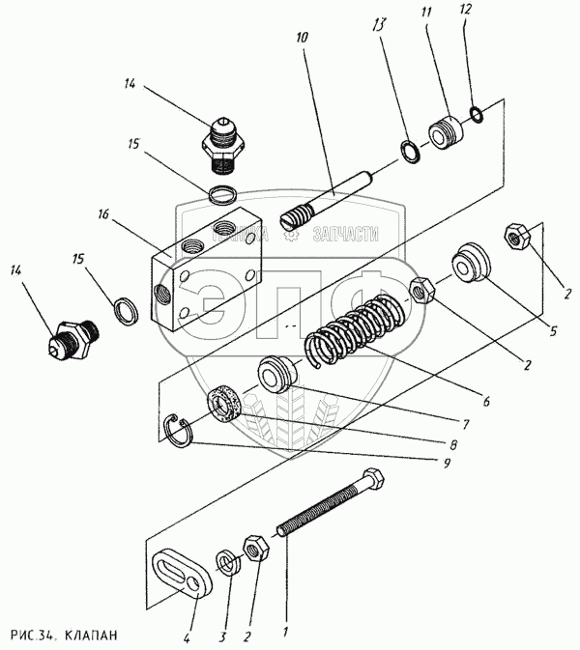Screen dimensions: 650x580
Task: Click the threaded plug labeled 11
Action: (446, 133)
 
